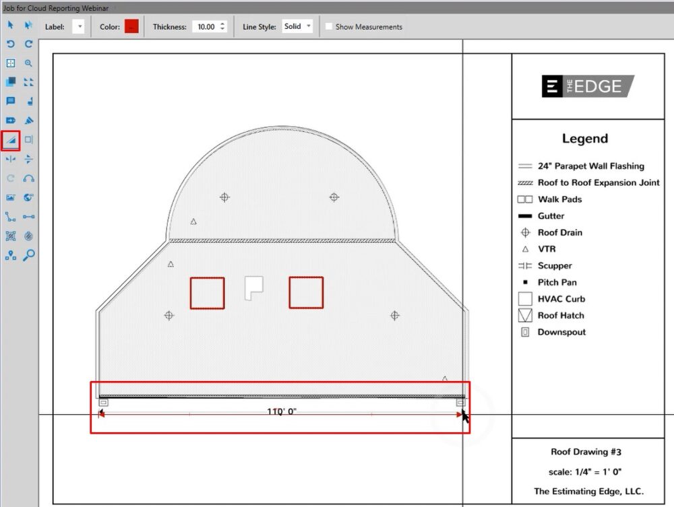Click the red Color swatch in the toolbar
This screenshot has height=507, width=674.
tap(131, 26)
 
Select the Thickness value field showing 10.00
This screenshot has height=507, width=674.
tap(205, 27)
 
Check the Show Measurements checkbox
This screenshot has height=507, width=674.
tap(329, 27)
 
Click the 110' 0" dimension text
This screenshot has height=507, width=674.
tap(282, 411)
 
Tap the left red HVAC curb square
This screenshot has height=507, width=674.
tap(207, 293)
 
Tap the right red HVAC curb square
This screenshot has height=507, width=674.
tap(306, 292)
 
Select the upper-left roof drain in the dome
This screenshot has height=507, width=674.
tap(224, 197)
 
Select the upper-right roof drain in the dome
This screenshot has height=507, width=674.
tap(334, 197)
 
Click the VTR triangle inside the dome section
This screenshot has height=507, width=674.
tap(193, 222)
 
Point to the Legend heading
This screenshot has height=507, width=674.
tap(584, 139)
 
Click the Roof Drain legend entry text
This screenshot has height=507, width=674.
tap(559, 232)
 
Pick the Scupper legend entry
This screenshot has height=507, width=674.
tap(555, 266)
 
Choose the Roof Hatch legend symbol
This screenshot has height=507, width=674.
tap(525, 315)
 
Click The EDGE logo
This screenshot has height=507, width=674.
tap(588, 86)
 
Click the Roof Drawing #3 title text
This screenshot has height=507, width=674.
tap(588, 452)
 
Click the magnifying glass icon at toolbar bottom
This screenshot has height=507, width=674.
tap(28, 255)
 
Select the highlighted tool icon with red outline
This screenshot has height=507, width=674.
tap(10, 140)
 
